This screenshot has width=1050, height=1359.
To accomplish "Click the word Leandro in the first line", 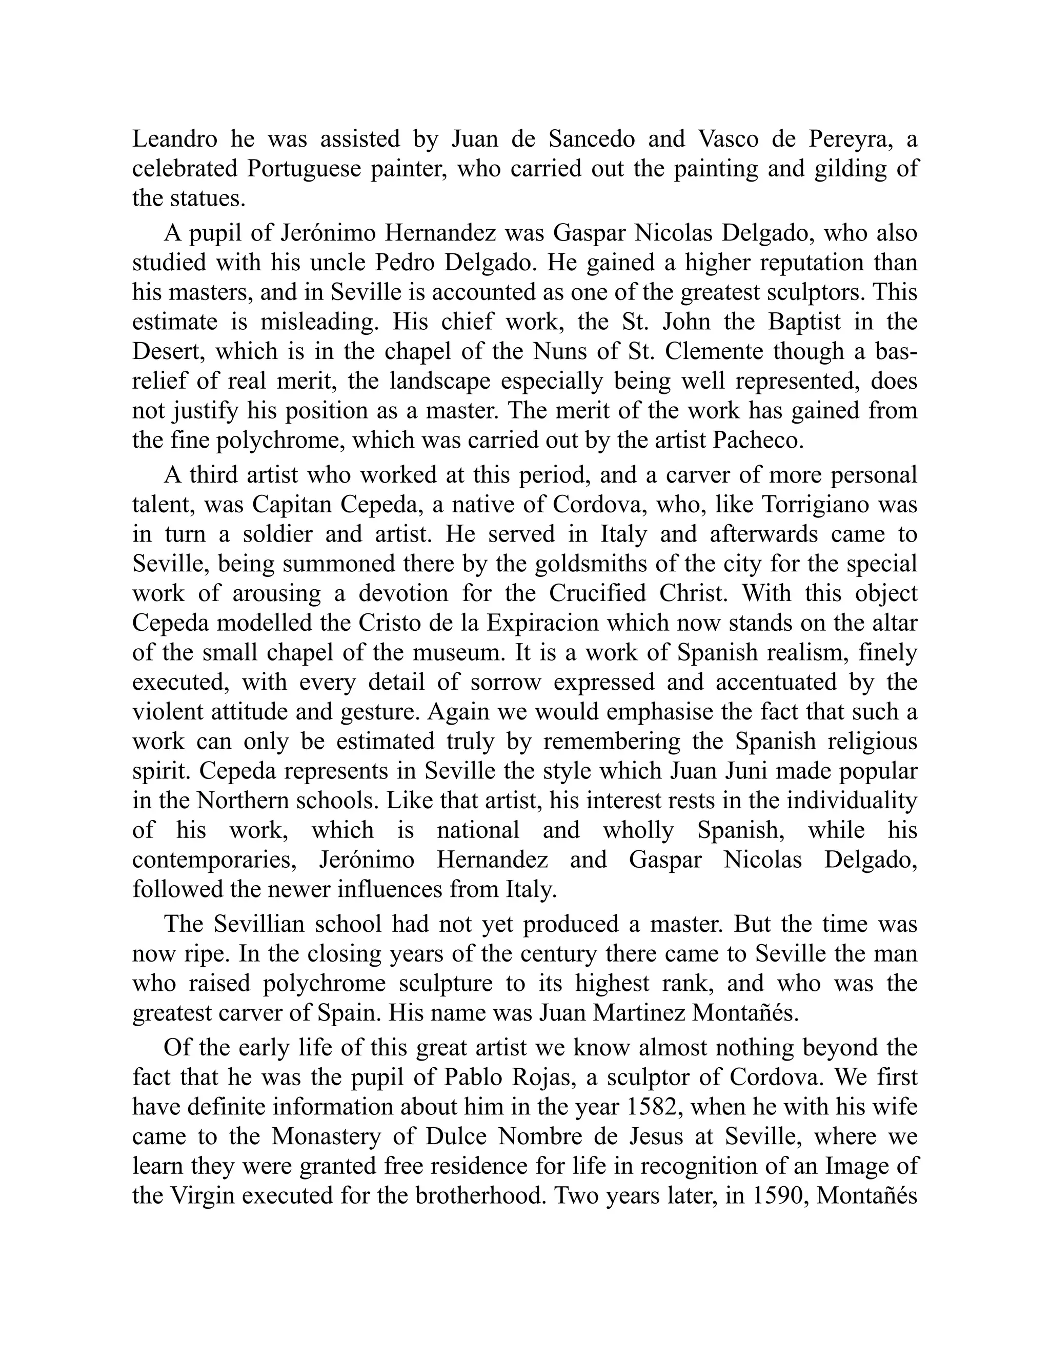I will (x=175, y=139).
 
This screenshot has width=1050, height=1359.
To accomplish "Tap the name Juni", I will (x=737, y=770).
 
